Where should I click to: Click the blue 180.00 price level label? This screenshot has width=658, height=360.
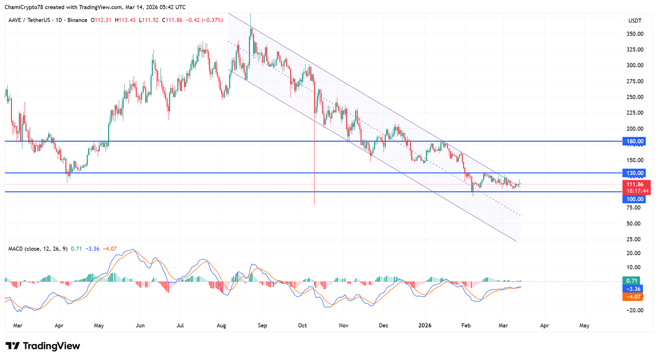(x=634, y=141)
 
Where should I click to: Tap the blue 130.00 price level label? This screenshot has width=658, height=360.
(x=634, y=173)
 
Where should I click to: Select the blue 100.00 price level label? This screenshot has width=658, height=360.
(x=634, y=199)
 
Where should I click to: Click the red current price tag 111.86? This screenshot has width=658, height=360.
(x=635, y=185)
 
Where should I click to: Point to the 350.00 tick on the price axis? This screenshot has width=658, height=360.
(x=635, y=34)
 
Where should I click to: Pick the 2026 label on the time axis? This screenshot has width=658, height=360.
(x=425, y=325)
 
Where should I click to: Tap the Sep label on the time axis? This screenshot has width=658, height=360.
(x=262, y=325)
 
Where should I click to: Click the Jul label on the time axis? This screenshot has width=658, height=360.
(x=180, y=325)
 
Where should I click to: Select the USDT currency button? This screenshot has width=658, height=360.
(x=635, y=21)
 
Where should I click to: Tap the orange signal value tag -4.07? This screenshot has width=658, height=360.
(x=633, y=297)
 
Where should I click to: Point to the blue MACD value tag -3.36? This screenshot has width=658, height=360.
(x=633, y=289)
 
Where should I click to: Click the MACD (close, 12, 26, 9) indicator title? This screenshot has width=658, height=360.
(x=38, y=249)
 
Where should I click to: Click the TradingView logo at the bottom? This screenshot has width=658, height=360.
(x=43, y=346)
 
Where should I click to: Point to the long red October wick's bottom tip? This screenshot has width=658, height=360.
(x=315, y=204)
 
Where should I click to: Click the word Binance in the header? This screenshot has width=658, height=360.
(x=77, y=20)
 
